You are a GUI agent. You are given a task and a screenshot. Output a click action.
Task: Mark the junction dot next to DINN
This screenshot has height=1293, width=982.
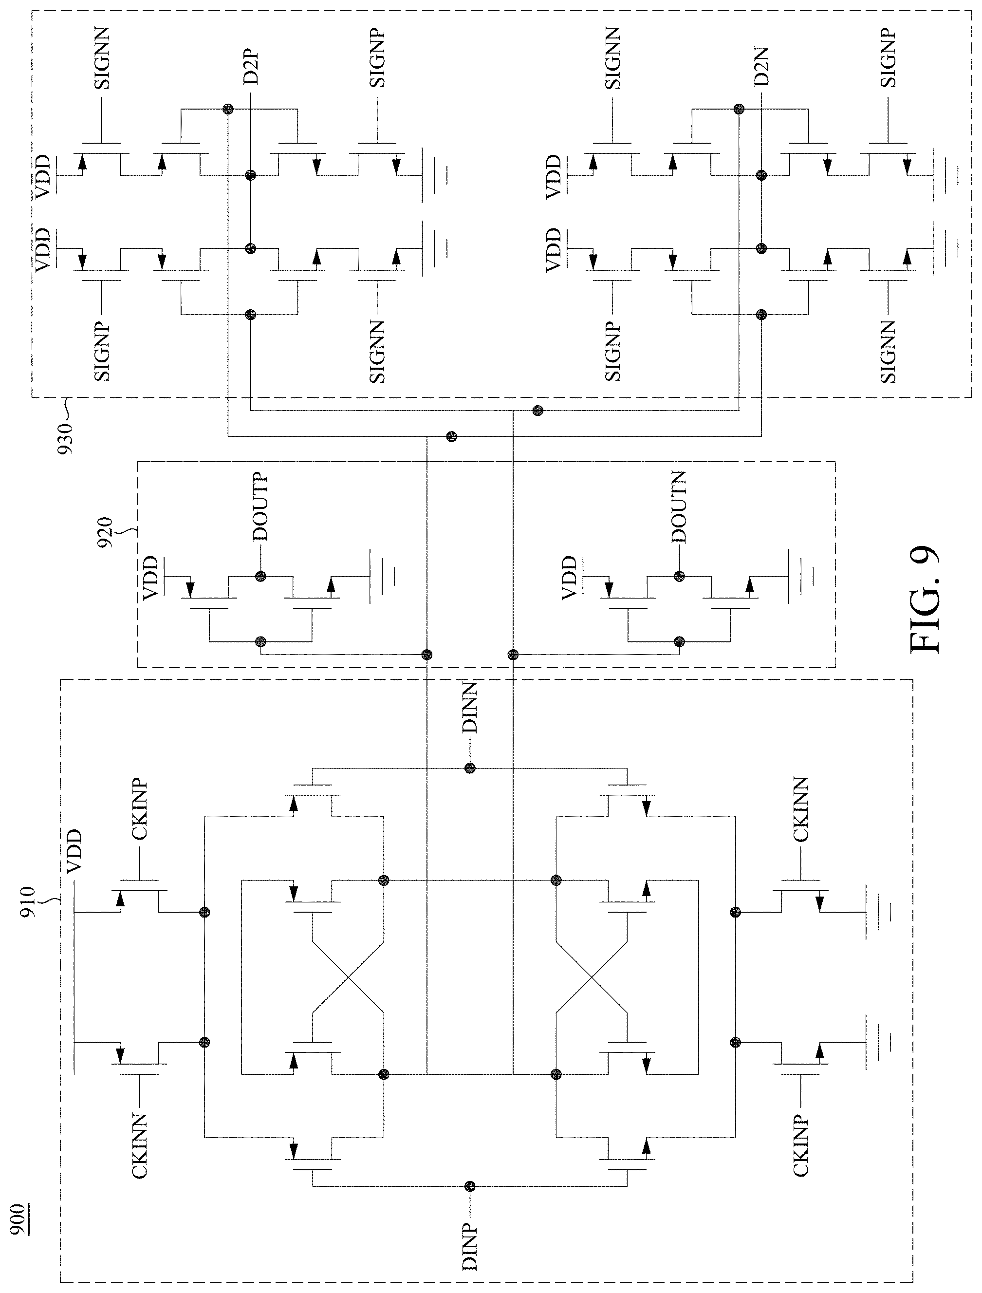coord(470,768)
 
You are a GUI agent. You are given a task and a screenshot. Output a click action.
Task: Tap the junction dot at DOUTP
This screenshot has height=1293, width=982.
coord(260,576)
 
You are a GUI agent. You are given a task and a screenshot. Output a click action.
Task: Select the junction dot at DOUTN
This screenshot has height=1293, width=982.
coord(679,576)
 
